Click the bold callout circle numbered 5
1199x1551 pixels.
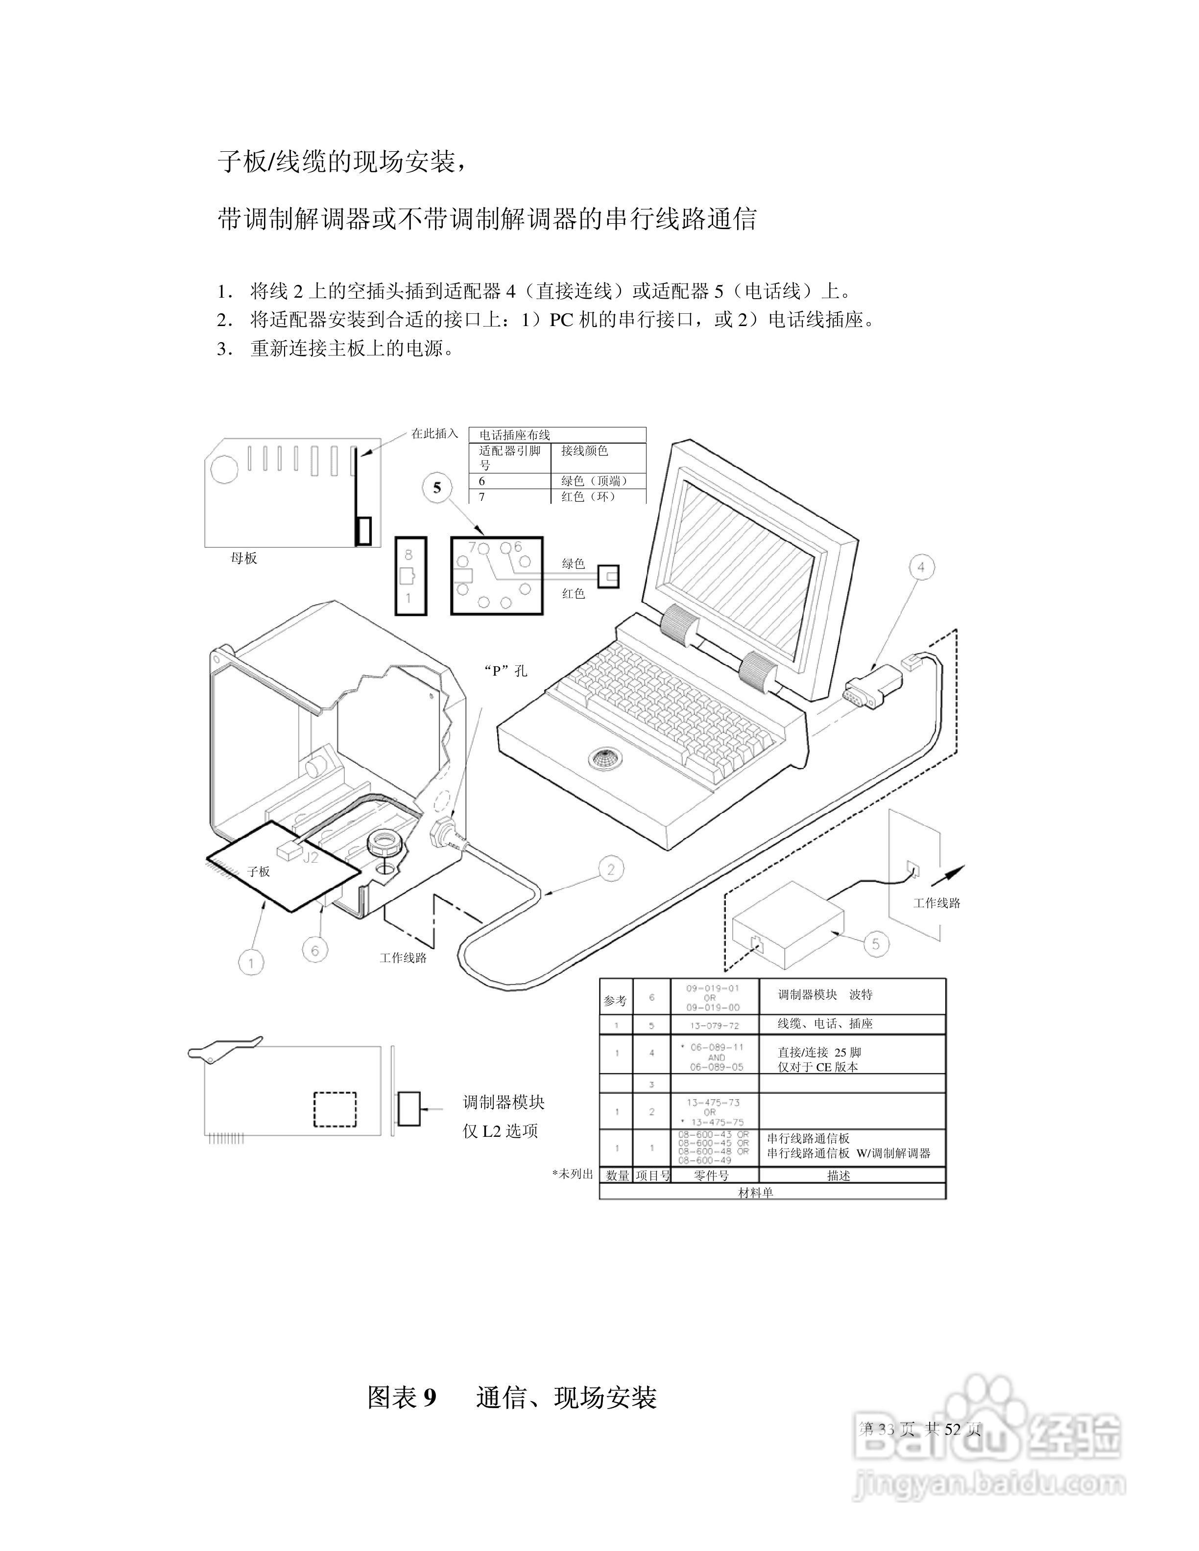(x=437, y=488)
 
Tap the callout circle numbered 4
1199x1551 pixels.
(x=921, y=567)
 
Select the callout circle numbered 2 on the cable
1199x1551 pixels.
(x=611, y=869)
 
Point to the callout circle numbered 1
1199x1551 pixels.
(x=251, y=963)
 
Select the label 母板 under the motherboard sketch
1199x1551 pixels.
(x=243, y=558)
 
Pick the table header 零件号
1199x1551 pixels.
(x=711, y=1175)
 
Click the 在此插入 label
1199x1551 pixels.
(x=435, y=433)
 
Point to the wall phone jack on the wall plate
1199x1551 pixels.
(x=914, y=869)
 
